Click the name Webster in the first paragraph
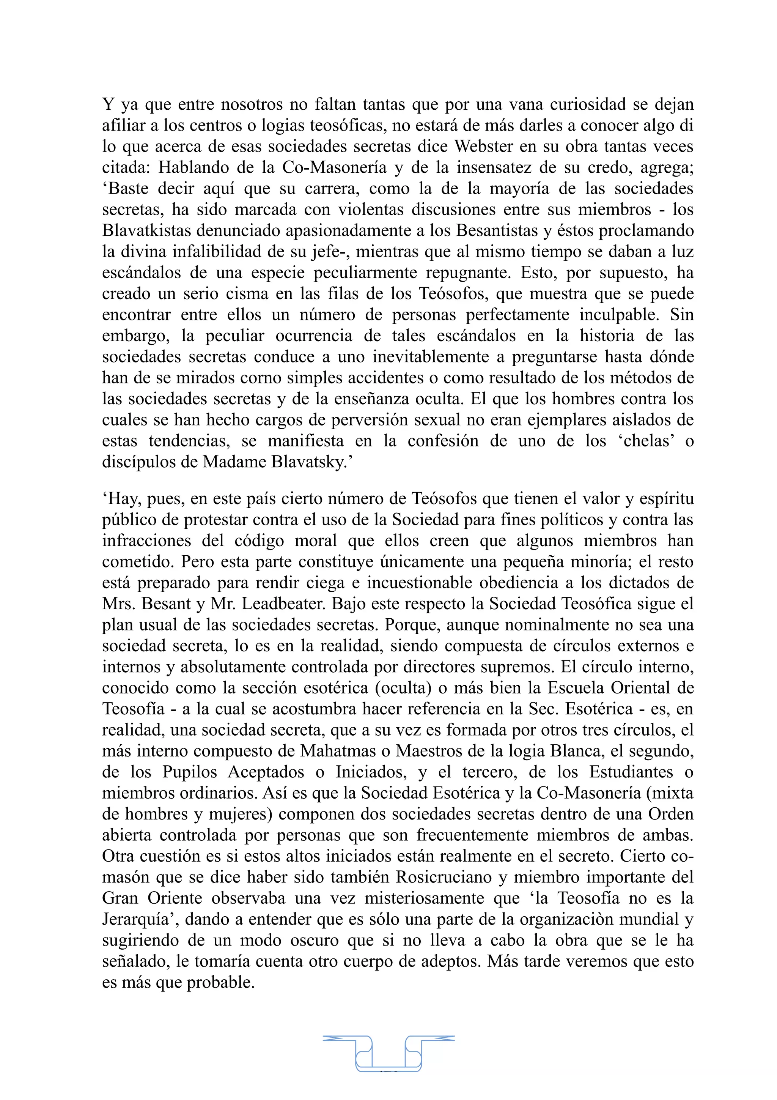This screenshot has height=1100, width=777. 483,146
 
